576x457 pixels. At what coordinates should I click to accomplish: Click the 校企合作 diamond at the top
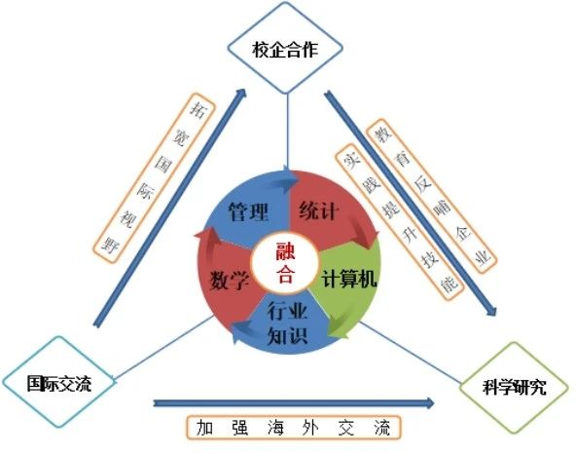point(285,48)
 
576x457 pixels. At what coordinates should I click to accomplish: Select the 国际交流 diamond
point(59,382)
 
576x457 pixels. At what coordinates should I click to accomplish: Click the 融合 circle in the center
point(285,262)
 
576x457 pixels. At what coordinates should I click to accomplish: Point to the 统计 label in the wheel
point(318,210)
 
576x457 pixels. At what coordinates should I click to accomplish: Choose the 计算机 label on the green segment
point(349,279)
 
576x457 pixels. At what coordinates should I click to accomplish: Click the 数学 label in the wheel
point(230,281)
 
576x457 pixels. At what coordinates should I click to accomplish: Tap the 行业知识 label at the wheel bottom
point(287,323)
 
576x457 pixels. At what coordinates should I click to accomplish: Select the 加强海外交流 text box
point(294,428)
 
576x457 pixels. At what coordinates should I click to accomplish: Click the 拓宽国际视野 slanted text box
point(154,178)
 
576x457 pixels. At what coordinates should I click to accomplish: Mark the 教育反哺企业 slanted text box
point(432,196)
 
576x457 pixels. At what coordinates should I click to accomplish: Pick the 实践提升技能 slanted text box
point(400,222)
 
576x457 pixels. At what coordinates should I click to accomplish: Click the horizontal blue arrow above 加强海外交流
point(294,403)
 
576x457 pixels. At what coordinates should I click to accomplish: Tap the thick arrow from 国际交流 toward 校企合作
point(169,208)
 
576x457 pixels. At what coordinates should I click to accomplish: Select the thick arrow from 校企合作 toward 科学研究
point(410,203)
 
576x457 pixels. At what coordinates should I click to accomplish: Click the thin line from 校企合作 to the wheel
point(288,132)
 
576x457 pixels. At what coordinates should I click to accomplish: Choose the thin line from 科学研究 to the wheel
point(410,352)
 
